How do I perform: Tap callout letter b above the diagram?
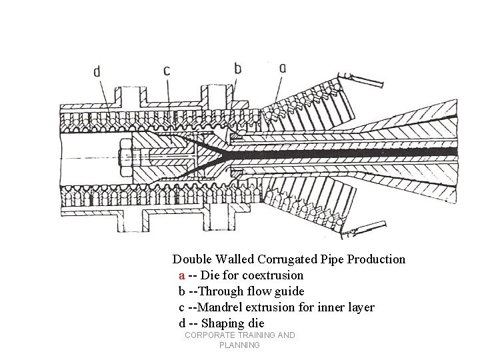237,68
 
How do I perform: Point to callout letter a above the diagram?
283,68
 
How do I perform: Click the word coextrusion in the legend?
273,275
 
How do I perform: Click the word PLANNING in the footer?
239,346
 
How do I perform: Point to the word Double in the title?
191,259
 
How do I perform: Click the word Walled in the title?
233,259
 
